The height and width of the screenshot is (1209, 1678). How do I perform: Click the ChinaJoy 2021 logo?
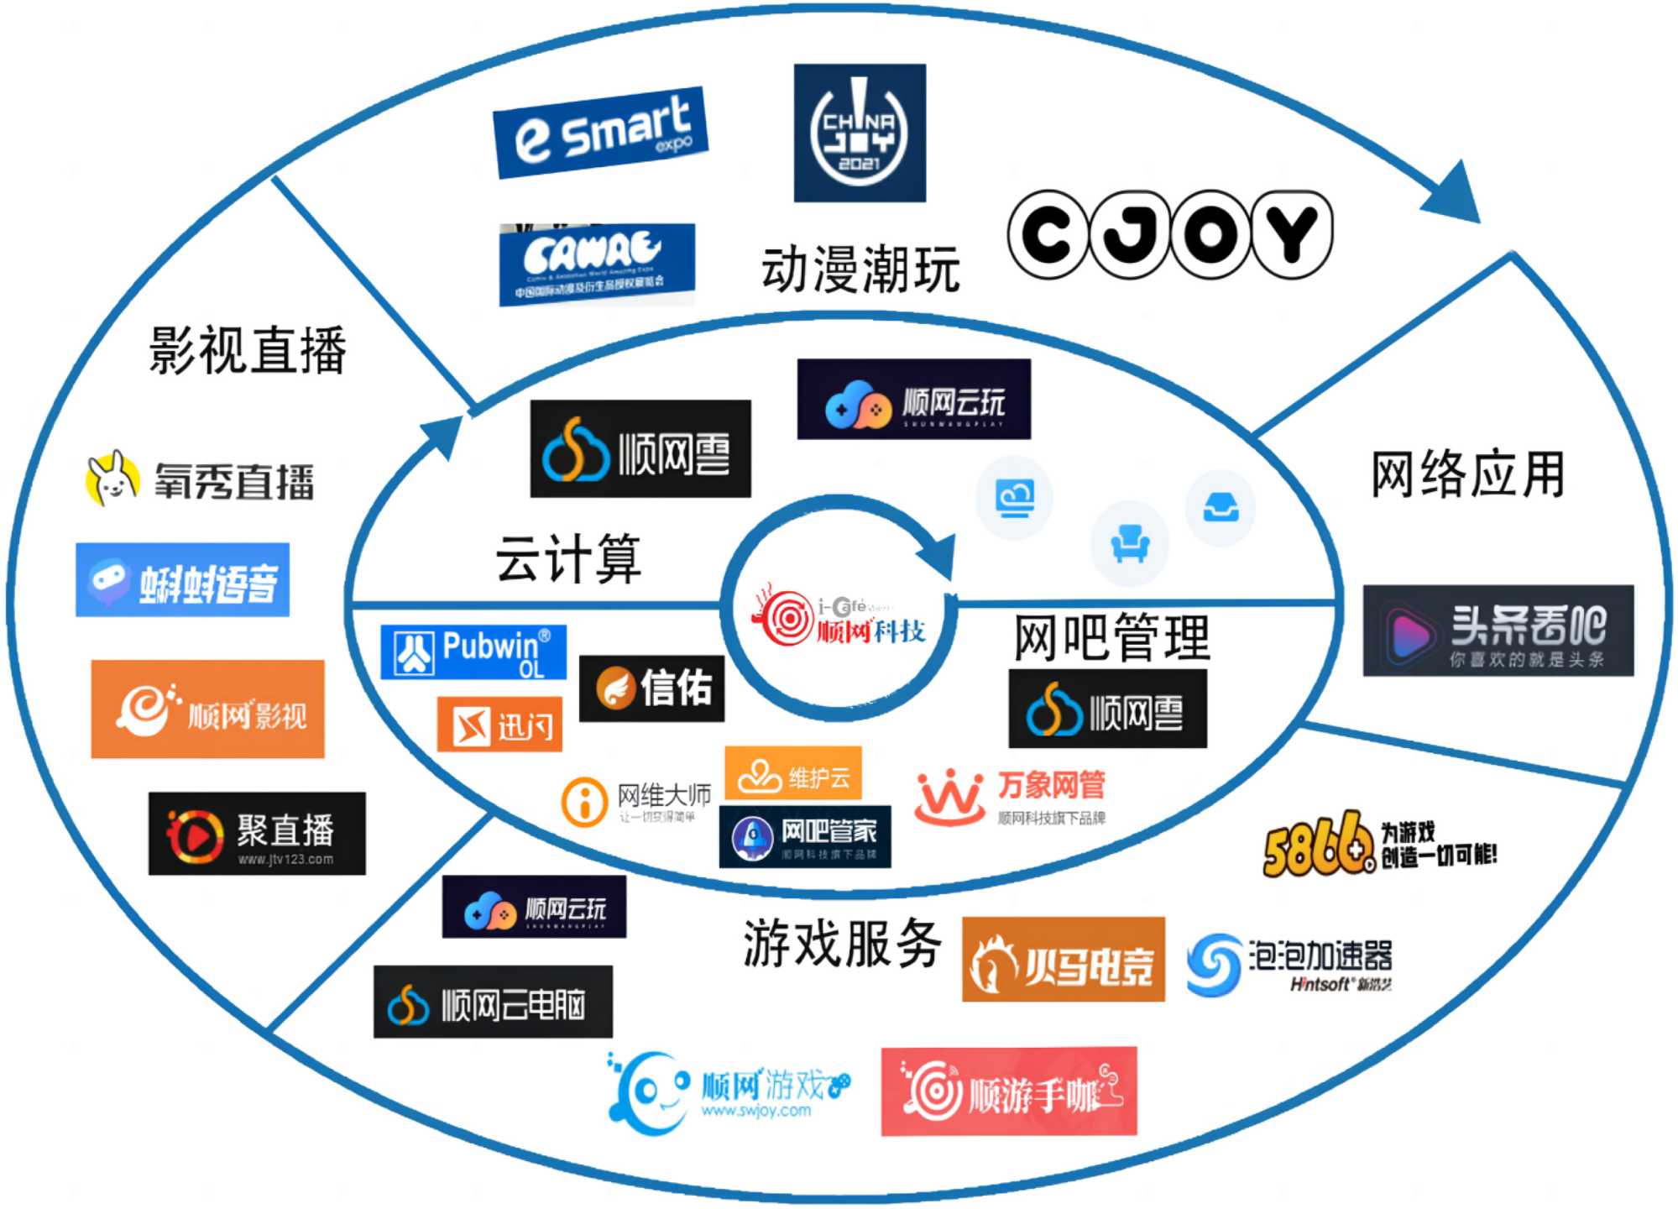(860, 133)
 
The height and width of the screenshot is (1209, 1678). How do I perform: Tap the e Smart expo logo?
(600, 133)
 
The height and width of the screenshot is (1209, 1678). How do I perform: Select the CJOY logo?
(1169, 234)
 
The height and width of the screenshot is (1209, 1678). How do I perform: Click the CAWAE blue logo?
(596, 264)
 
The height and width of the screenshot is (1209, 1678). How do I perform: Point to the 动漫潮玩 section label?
(860, 270)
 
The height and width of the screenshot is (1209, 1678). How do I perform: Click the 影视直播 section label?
(248, 350)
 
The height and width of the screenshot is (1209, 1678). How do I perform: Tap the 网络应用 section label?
(1467, 474)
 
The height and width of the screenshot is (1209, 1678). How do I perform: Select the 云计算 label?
(568, 558)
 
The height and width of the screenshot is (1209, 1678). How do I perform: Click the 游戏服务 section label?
(842, 943)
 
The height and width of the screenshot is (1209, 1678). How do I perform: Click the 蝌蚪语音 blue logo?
(182, 580)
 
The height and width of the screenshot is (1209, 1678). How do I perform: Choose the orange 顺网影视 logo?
(207, 709)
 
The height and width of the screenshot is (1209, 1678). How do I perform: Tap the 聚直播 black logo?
(257, 834)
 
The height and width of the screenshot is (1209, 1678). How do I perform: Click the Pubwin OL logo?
(473, 652)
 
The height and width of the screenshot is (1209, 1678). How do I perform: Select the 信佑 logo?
(651, 688)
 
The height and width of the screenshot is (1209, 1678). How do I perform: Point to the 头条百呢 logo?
(1498, 631)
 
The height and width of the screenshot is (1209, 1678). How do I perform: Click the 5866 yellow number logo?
(1315, 844)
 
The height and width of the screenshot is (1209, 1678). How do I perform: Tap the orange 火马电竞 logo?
(1063, 960)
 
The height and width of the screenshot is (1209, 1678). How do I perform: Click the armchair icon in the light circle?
(1129, 542)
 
